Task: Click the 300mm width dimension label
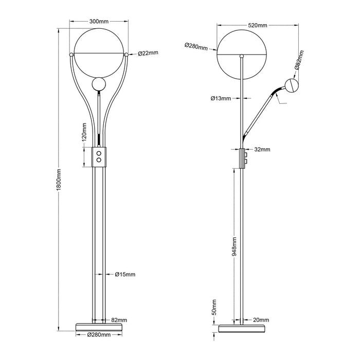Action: pyautogui.click(x=99, y=22)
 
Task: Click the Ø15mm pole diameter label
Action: pyautogui.click(x=125, y=274)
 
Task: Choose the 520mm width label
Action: pyautogui.click(x=257, y=25)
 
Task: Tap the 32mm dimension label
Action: pyautogui.click(x=262, y=150)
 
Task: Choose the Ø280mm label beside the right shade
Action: pyautogui.click(x=196, y=46)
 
